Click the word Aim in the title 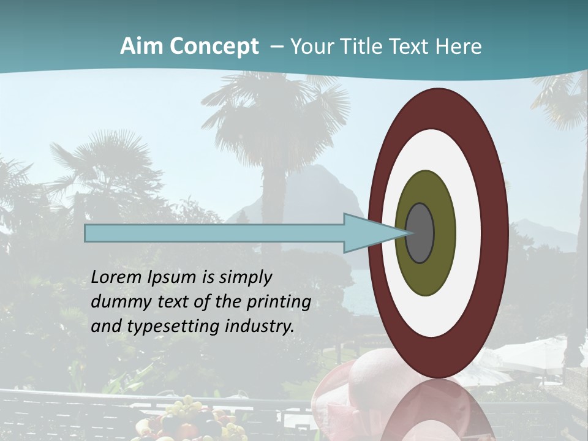point(141,47)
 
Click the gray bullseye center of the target point(420,233)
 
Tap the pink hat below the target point(374,374)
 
